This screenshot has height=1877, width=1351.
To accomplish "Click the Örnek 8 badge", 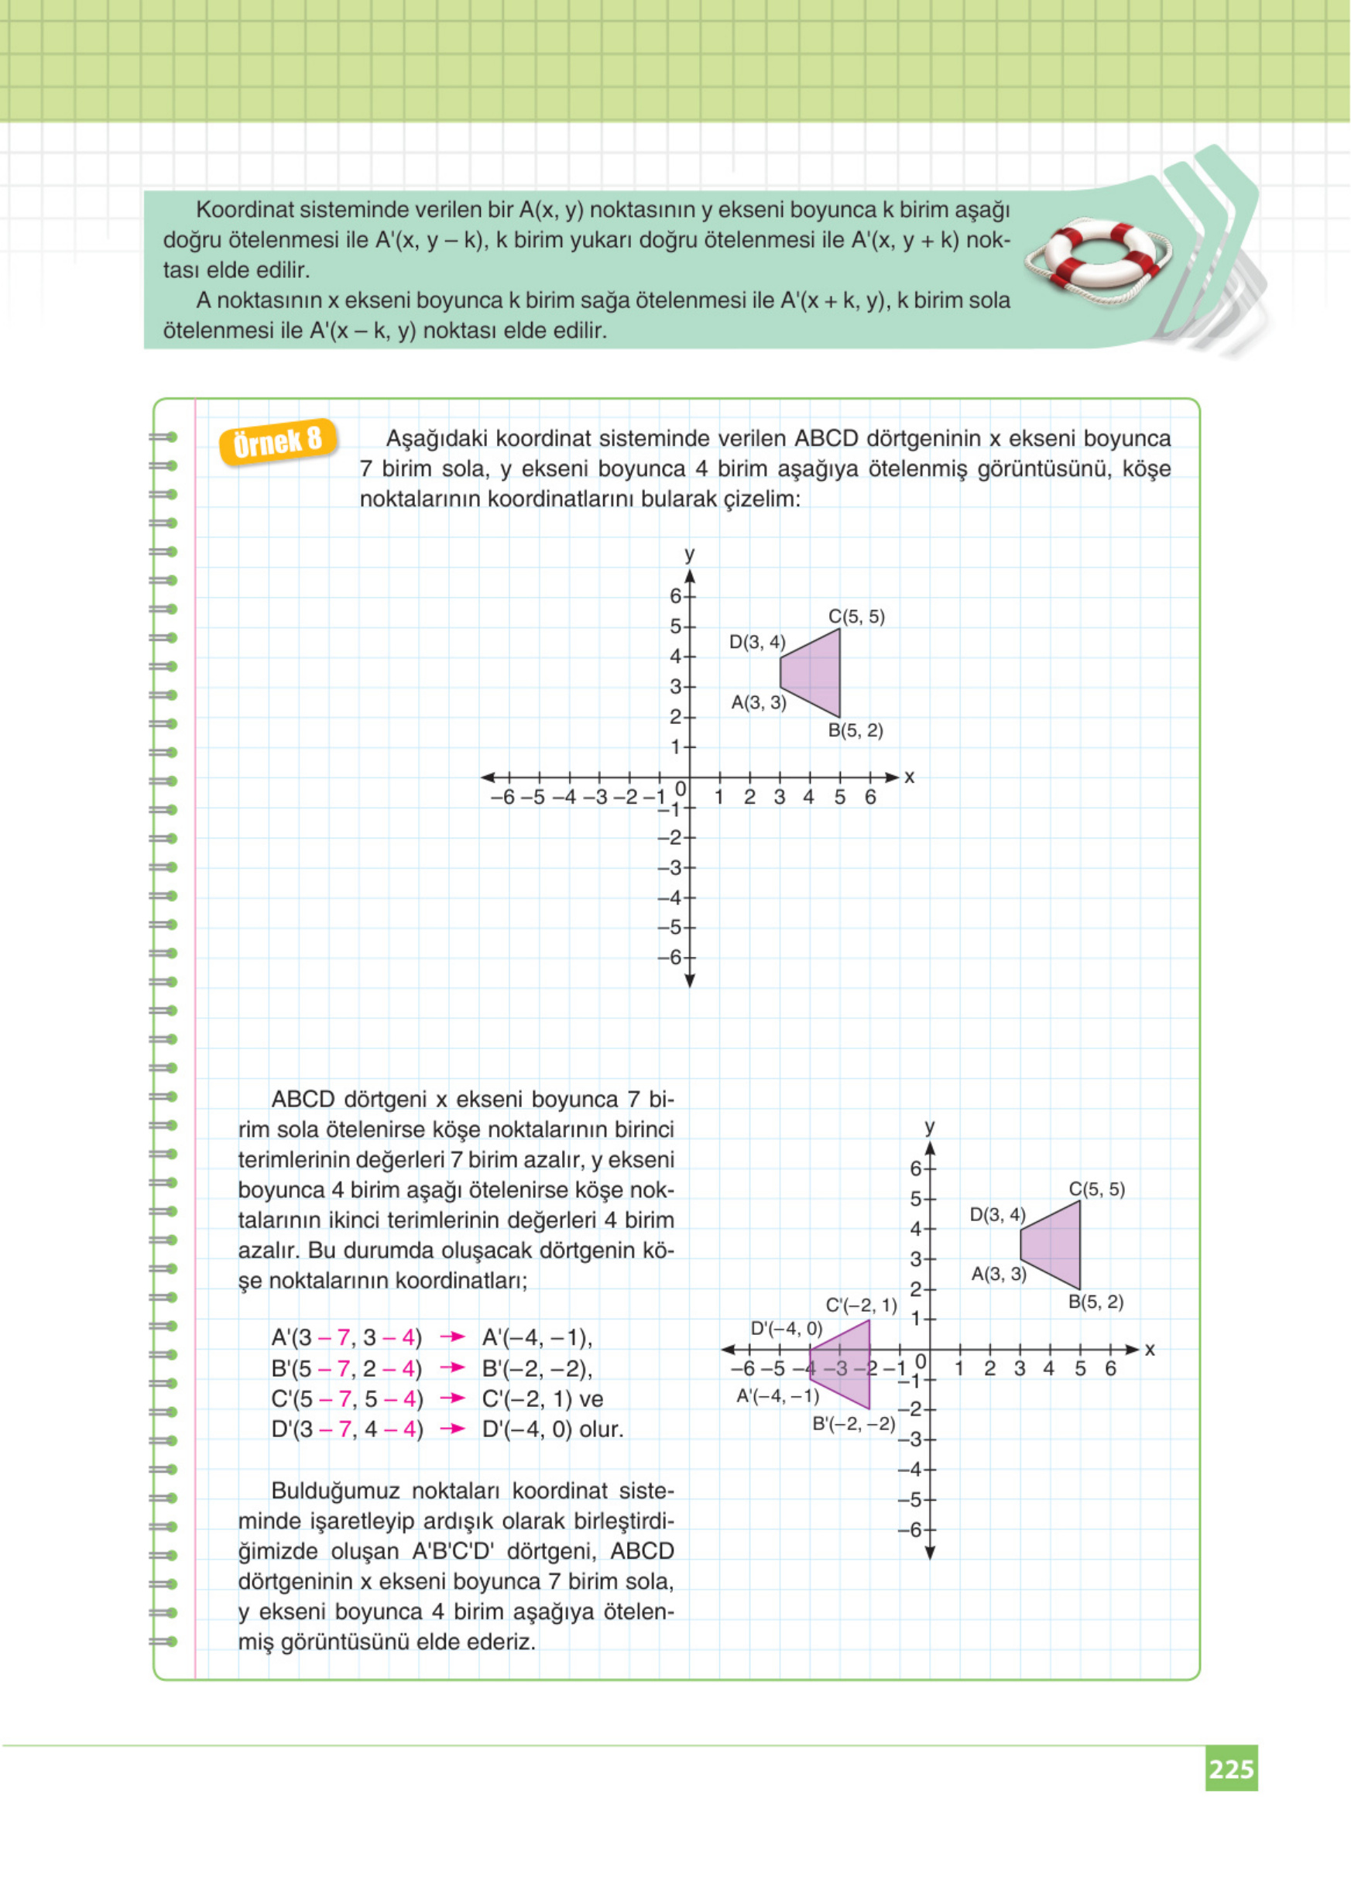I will (x=278, y=442).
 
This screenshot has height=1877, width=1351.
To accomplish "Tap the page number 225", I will (x=1231, y=1769).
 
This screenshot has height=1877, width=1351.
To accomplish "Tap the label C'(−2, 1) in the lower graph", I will (x=861, y=1306).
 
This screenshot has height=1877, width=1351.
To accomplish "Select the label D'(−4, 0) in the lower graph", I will (x=786, y=1329).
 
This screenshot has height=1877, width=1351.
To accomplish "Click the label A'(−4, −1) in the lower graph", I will (x=777, y=1396).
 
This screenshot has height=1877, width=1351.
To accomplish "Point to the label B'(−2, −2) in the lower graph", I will (x=854, y=1424).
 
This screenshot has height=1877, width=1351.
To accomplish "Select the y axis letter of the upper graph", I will (x=689, y=554).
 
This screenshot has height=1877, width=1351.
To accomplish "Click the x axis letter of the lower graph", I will (x=1149, y=1350).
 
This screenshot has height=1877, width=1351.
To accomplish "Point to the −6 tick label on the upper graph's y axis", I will (x=670, y=958).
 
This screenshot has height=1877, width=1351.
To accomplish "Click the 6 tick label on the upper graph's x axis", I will (x=870, y=798).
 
